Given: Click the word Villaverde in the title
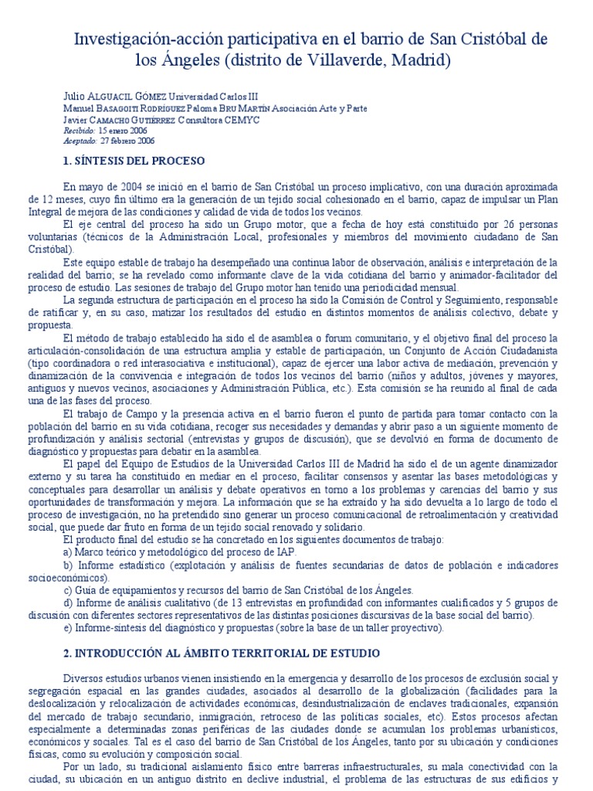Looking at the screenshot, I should [343, 59].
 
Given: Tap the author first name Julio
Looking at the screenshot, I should [71, 99].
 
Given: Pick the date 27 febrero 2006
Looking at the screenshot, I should [128, 141].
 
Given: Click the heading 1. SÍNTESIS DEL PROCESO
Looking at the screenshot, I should [133, 161].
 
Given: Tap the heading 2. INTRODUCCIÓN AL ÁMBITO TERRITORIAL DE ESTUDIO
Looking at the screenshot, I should [219, 653].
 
